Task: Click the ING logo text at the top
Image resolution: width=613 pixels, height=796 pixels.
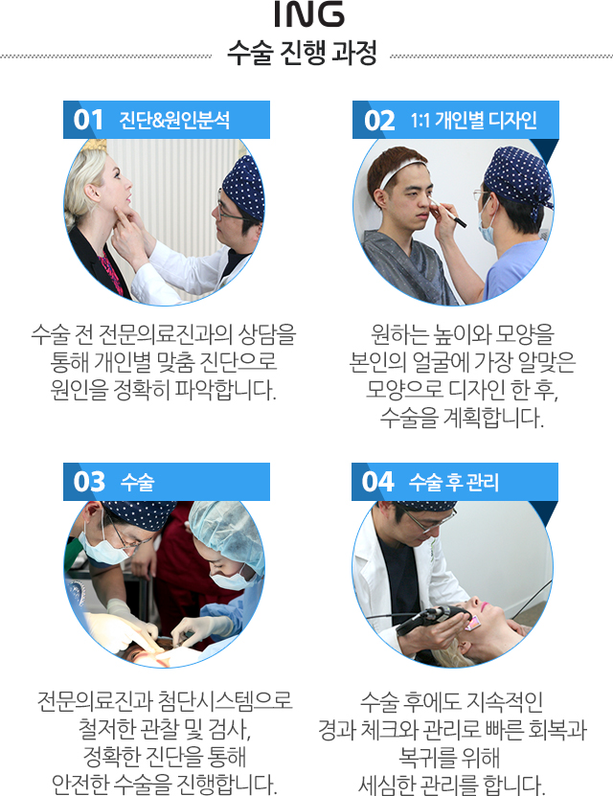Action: coord(309,14)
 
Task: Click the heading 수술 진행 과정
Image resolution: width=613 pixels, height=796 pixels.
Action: coord(302,53)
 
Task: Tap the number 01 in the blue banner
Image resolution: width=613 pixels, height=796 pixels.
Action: coord(88,121)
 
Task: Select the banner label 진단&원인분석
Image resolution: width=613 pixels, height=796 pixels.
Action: coord(174,121)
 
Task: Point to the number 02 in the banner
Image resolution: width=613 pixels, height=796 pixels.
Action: coord(379,121)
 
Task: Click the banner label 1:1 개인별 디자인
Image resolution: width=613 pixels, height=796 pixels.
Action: coord(473,121)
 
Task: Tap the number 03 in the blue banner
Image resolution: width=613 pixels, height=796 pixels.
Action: coord(89,482)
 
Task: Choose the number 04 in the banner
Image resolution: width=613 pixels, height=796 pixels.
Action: coord(377,482)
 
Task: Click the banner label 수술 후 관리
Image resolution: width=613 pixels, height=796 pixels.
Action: coord(454,482)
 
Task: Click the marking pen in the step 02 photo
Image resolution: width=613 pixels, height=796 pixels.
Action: coord(448,214)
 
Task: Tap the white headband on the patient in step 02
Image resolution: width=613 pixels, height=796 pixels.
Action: coord(401,171)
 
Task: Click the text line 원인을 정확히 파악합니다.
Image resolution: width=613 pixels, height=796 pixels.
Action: coord(164,390)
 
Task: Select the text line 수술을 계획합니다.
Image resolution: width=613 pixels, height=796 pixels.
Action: coord(462,418)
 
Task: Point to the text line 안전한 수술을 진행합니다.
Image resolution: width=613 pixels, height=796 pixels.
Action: coord(165,784)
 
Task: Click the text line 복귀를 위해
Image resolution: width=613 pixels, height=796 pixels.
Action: coord(449,757)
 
